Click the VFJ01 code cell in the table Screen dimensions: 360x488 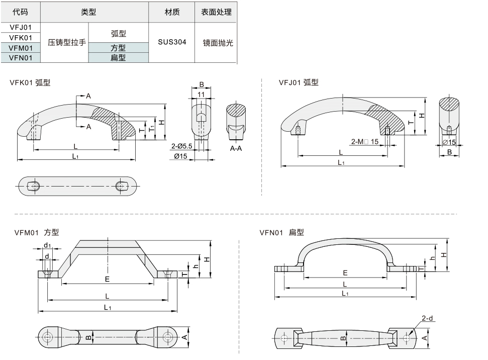pyautogui.click(x=21, y=28)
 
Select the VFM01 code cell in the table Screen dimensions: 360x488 pyautogui.click(x=21, y=48)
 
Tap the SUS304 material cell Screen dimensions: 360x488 pyautogui.click(x=172, y=42)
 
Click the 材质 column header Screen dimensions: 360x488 pyautogui.click(x=172, y=12)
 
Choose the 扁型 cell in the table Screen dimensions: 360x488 pyautogui.click(x=118, y=58)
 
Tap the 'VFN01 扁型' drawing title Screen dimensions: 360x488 pyautogui.click(x=281, y=232)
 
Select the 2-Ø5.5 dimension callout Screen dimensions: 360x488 pyautogui.click(x=182, y=146)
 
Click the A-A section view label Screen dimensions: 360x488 pyautogui.click(x=237, y=149)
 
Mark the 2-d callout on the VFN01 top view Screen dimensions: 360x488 pyautogui.click(x=427, y=318)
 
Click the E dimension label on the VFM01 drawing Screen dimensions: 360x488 pyautogui.click(x=107, y=279)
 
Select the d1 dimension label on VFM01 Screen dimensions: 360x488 pyautogui.click(x=47, y=245)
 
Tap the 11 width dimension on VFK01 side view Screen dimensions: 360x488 pyautogui.click(x=201, y=95)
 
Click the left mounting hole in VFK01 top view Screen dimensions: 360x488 pyautogui.click(x=35, y=186)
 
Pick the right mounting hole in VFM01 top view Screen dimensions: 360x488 pyautogui.click(x=167, y=337)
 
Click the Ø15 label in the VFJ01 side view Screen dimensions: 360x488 pyautogui.click(x=449, y=142)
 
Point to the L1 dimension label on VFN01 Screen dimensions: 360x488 pyautogui.click(x=345, y=293)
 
